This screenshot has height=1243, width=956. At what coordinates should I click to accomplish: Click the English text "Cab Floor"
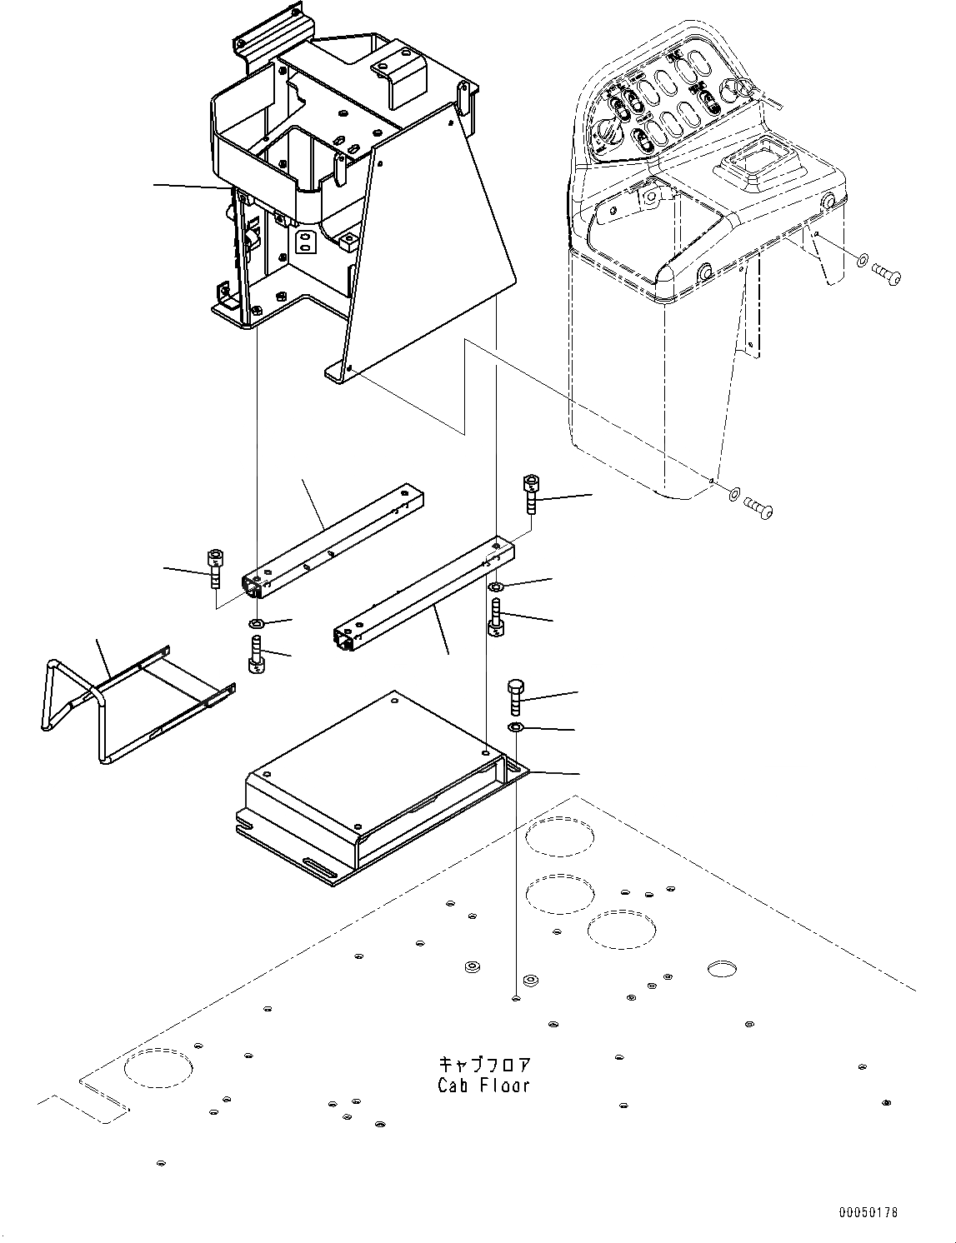483,1086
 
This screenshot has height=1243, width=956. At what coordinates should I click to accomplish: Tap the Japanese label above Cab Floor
484,1066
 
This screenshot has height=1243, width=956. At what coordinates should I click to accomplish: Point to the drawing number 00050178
868,1213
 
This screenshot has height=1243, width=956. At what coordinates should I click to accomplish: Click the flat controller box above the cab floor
375,775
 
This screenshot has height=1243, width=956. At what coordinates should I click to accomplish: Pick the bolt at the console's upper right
886,272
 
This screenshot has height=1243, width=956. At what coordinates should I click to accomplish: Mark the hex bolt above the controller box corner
514,697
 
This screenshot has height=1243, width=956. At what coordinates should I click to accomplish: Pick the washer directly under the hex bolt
516,729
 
